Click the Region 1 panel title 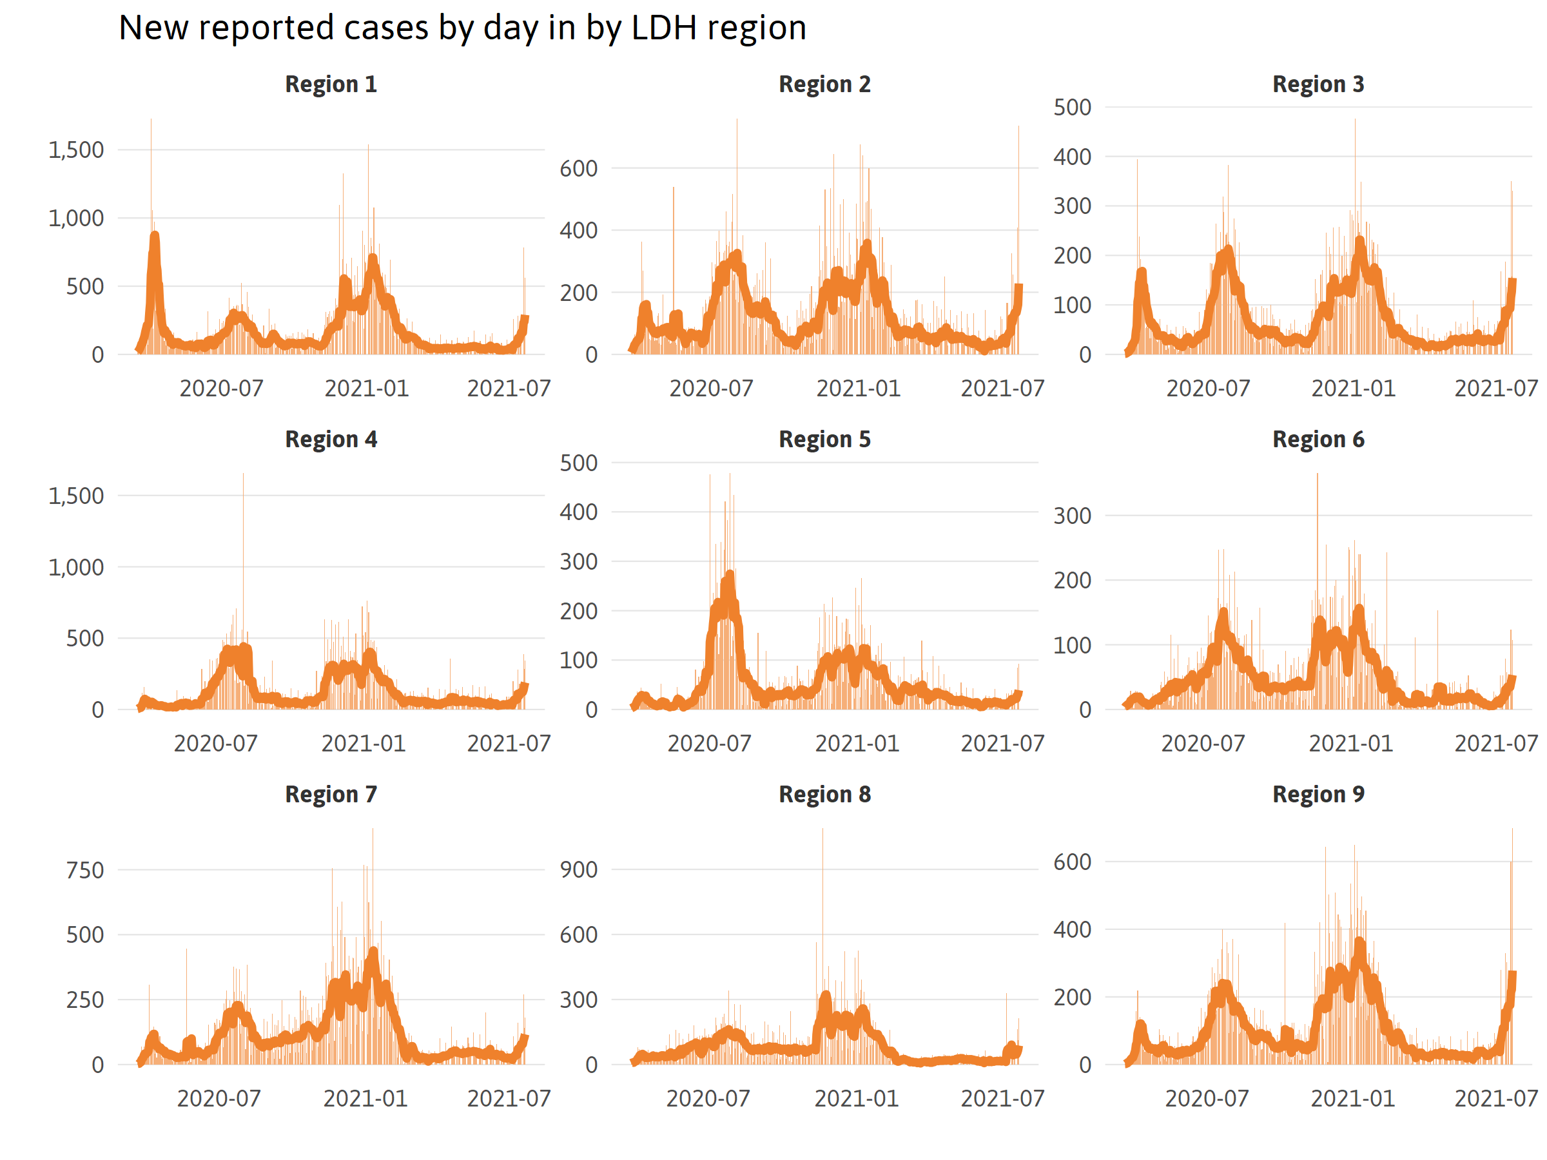pos(331,84)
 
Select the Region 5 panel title pos(824,439)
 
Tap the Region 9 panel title pos(1318,795)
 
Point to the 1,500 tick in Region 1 pos(75,150)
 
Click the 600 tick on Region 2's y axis pos(578,168)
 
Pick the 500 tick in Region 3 pos(1072,108)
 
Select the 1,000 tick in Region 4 pos(75,567)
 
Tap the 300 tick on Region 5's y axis pos(578,561)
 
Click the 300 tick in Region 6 pos(1072,516)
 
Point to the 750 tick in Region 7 pos(84,871)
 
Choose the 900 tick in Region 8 pos(578,870)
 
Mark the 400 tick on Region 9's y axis pos(1072,930)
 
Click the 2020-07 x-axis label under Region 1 pos(221,388)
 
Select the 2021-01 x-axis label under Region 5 pos(857,743)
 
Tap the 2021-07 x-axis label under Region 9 pos(1496,1099)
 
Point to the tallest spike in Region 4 pos(244,476)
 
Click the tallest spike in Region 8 pos(822,831)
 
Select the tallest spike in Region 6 pos(1318,476)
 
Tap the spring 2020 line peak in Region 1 pos(155,237)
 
